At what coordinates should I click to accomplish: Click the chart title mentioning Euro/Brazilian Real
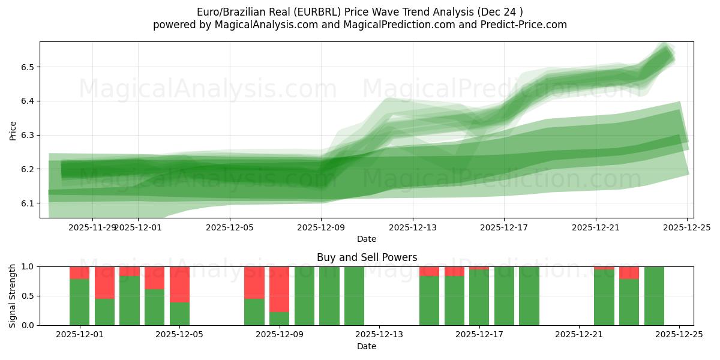[360, 12]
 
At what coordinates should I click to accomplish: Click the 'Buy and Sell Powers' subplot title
[367, 257]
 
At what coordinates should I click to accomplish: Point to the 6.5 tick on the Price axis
[28, 67]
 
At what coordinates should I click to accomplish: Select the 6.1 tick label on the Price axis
[28, 203]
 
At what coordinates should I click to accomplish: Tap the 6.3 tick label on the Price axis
[28, 135]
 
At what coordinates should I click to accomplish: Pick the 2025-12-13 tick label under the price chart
[413, 227]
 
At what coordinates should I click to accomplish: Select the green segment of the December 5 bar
[179, 313]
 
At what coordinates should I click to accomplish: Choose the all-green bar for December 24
[654, 296]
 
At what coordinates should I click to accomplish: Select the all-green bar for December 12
[354, 296]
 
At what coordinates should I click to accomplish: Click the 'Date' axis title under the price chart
[367, 239]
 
